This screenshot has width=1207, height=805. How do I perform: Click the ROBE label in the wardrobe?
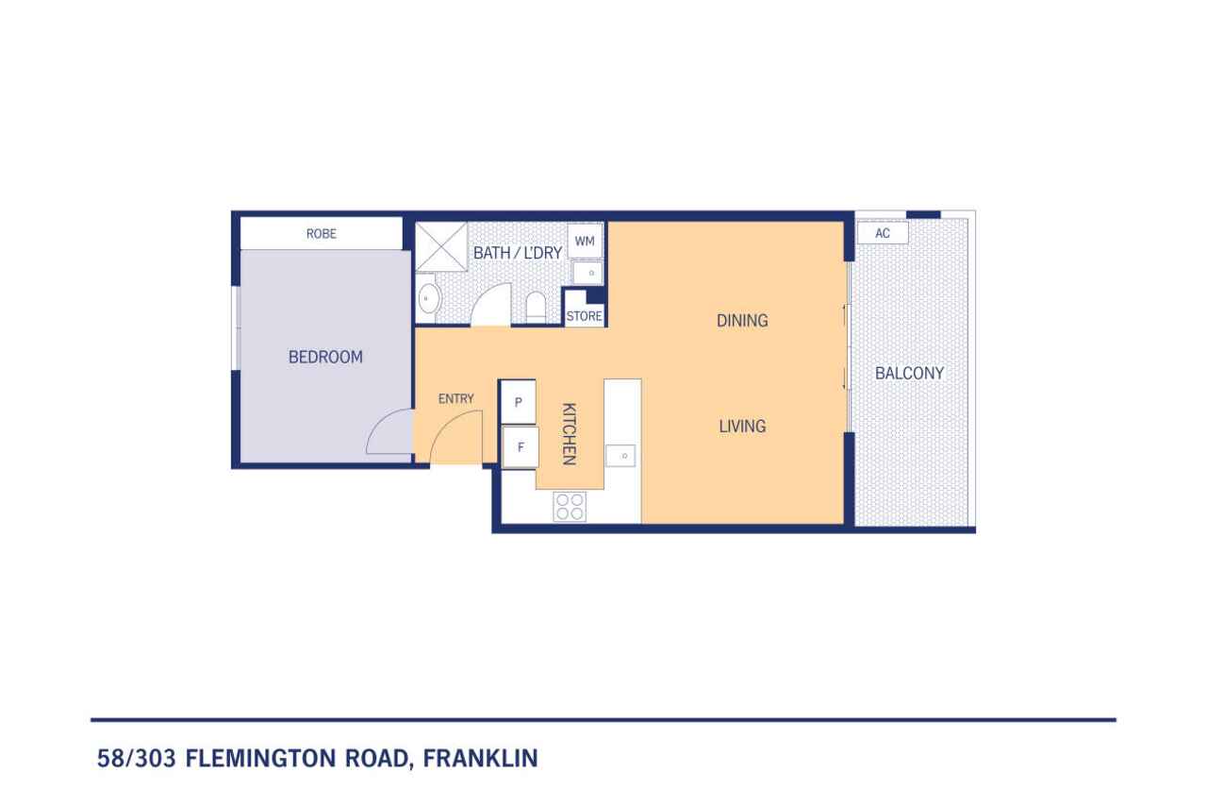(x=321, y=234)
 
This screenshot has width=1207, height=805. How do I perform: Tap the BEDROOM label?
(x=324, y=358)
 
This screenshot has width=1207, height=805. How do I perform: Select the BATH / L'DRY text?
(x=517, y=253)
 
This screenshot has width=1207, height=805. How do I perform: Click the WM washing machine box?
(x=585, y=242)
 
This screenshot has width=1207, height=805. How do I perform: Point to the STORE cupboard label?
(x=584, y=316)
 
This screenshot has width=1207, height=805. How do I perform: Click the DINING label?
(x=742, y=321)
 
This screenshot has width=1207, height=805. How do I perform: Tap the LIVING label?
(x=742, y=427)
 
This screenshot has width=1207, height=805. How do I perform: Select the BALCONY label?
(x=909, y=374)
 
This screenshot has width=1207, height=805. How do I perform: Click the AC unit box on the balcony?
(x=883, y=233)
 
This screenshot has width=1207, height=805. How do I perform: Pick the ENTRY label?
(x=455, y=399)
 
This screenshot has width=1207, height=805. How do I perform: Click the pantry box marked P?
(x=518, y=402)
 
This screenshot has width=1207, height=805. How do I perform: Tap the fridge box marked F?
(x=520, y=446)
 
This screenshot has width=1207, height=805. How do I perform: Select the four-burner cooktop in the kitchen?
(x=569, y=507)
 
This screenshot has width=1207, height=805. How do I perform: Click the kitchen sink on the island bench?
(x=622, y=456)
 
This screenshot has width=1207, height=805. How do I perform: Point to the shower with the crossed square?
(x=441, y=246)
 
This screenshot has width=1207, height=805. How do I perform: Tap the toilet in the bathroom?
(x=535, y=306)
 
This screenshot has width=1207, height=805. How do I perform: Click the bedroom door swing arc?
(x=387, y=434)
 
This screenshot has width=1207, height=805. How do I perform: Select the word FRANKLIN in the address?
(x=480, y=758)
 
